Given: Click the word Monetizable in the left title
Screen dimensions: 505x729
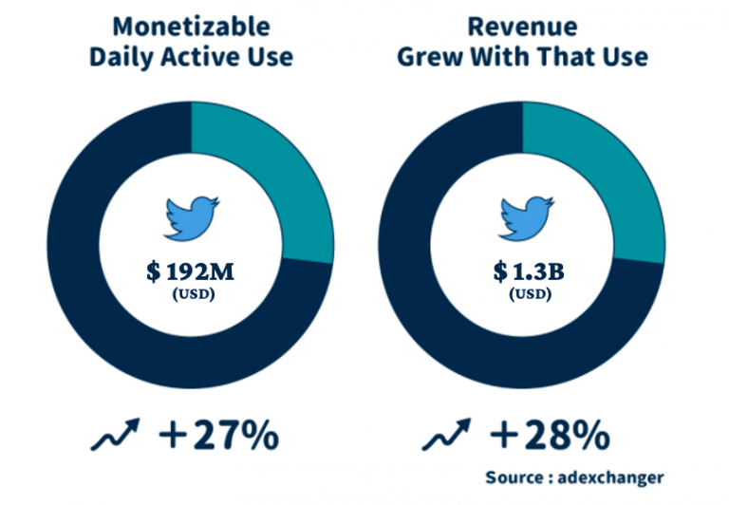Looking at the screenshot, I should [191, 26].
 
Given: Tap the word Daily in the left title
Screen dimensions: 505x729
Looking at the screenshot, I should [122, 57].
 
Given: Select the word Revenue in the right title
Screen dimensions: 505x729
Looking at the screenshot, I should [522, 26].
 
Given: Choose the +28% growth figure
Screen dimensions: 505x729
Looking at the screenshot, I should [551, 436].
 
